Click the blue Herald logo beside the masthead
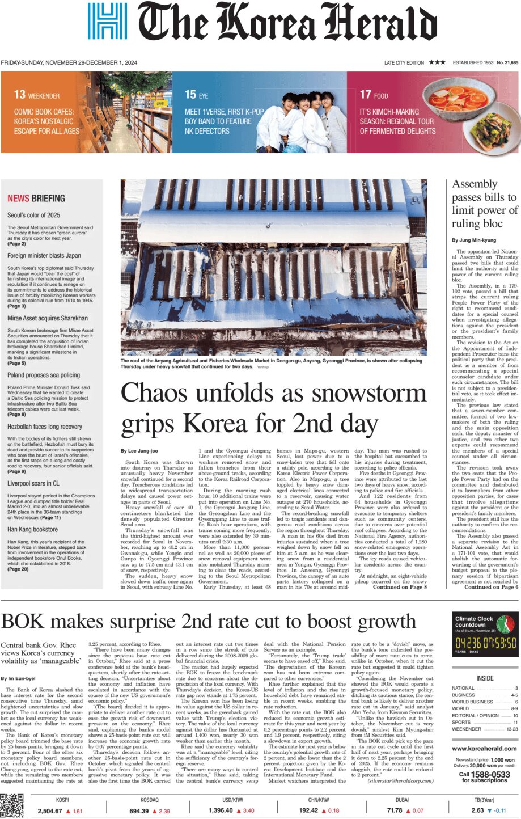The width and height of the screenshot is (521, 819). tap(107, 21)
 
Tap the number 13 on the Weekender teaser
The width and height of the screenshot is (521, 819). tap(20, 95)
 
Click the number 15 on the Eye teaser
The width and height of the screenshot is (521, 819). tap(190, 95)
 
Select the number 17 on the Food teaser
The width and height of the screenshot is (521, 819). tap(365, 95)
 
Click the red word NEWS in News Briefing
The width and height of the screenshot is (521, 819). tap(18, 199)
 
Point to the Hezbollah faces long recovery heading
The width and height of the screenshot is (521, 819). tap(45, 427)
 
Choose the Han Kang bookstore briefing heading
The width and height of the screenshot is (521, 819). tap(32, 529)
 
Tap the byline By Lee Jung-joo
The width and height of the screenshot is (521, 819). tap(139, 451)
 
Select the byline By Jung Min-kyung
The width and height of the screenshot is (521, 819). tap(473, 240)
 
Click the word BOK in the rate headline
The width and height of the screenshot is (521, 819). tap(25, 622)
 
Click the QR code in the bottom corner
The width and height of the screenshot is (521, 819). tap(12, 806)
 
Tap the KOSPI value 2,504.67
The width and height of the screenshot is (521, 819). tap(50, 811)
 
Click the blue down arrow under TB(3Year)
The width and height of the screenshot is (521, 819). tap(489, 811)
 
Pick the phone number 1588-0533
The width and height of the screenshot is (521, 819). tap(492, 774)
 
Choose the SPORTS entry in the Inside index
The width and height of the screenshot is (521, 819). tap(461, 722)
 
